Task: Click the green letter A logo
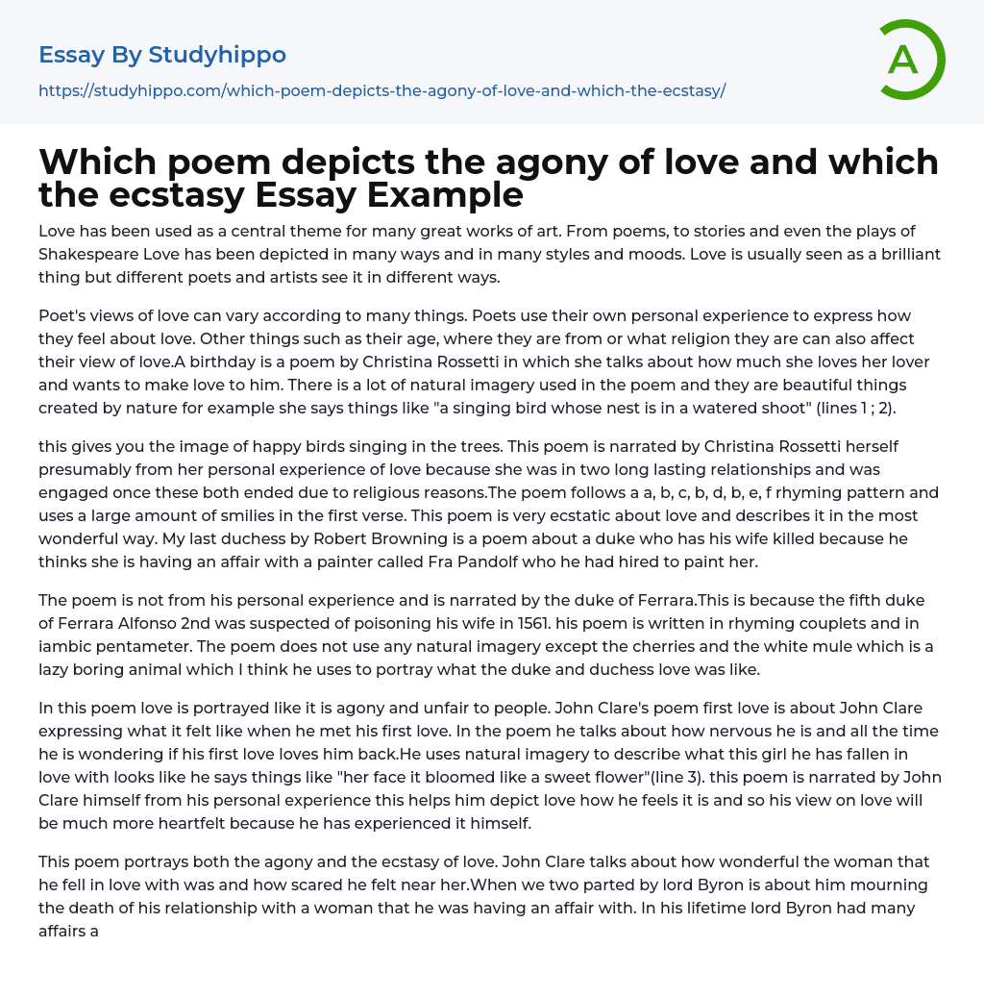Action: [911, 60]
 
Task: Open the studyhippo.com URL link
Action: [381, 90]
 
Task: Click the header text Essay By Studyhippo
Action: [162, 55]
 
